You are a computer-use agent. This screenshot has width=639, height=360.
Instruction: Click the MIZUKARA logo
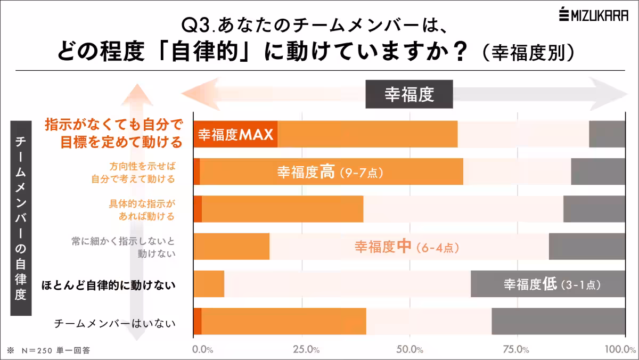pyautogui.click(x=593, y=15)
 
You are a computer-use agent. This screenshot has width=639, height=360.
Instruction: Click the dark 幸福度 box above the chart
pyautogui.click(x=409, y=94)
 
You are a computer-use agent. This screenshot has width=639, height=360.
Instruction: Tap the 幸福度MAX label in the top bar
pyautogui.click(x=235, y=134)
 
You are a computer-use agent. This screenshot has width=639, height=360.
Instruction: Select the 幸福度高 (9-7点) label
pyautogui.click(x=330, y=173)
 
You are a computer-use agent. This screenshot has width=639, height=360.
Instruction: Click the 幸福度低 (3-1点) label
pyautogui.click(x=552, y=284)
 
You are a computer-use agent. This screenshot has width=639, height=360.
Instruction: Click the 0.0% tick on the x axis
pyautogui.click(x=202, y=350)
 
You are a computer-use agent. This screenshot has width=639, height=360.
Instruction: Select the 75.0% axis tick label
pyautogui.click(x=516, y=350)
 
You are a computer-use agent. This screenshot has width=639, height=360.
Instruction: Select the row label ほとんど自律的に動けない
pyautogui.click(x=109, y=285)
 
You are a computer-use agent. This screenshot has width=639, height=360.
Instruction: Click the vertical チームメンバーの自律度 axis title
pyautogui.click(x=21, y=218)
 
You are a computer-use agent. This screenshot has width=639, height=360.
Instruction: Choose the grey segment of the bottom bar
pyautogui.click(x=558, y=321)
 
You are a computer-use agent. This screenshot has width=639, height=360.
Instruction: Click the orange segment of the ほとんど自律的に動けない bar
pyautogui.click(x=209, y=284)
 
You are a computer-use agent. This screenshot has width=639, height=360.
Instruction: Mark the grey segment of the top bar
pyautogui.click(x=607, y=134)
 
